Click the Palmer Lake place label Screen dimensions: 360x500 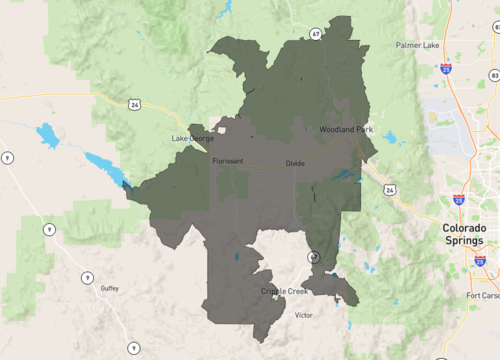(416, 45)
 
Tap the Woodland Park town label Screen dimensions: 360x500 (345, 130)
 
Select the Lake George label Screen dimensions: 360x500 (193, 138)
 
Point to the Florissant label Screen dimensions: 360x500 (228, 160)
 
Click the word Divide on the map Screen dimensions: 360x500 (295, 163)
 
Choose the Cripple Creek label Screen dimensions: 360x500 (286, 291)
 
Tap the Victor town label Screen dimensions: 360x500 (303, 315)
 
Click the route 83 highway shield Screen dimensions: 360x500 (494, 76)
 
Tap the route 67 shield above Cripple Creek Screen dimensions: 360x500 (314, 256)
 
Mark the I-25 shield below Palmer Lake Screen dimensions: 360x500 (444, 69)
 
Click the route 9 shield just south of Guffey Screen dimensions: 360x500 (132, 347)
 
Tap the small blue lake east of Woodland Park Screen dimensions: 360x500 (389, 138)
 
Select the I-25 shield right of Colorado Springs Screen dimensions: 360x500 (480, 261)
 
